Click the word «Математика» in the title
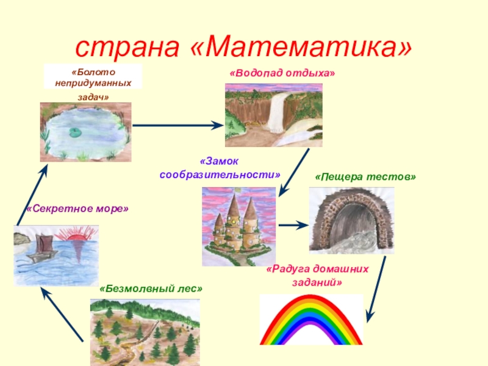pyautogui.click(x=300, y=46)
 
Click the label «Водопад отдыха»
pyautogui.click(x=282, y=73)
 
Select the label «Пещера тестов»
pyautogui.click(x=365, y=176)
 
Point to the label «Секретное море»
pyautogui.click(x=77, y=209)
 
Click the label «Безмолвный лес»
pyautogui.click(x=150, y=288)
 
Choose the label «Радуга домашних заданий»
pyautogui.click(x=317, y=275)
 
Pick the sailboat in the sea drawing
pyautogui.click(x=41, y=247)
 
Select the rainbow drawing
pyautogui.click(x=311, y=320)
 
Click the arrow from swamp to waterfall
pyautogui.click(x=177, y=125)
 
